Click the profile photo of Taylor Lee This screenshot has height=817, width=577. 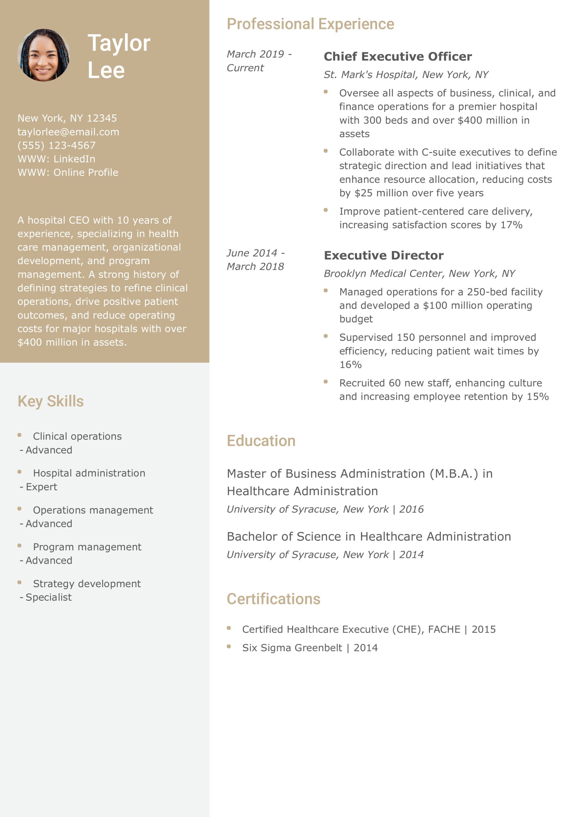point(43,55)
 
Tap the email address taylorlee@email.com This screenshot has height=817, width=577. point(68,132)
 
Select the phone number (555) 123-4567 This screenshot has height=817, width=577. point(56,145)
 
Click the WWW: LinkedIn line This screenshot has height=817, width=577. point(56,159)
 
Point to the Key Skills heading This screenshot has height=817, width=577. point(50,401)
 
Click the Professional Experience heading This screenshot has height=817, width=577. point(310,24)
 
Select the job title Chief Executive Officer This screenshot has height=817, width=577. point(397,56)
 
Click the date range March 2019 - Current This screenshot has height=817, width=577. point(259,61)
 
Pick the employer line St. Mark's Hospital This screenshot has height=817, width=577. point(405,74)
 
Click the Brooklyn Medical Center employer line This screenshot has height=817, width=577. point(419,273)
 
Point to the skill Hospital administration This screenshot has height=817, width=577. point(89,473)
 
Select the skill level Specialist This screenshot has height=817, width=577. point(48,597)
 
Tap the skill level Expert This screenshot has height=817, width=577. point(41,487)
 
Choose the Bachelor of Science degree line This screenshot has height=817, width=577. point(368,536)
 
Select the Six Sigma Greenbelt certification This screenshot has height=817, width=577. point(309,648)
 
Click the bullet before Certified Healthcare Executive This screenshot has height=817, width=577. point(229,628)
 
